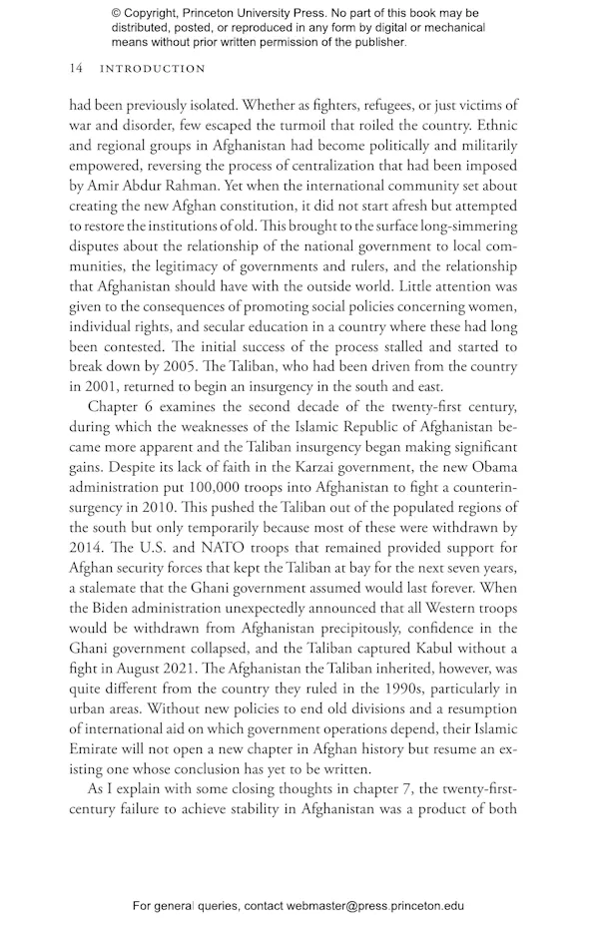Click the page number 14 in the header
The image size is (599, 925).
pyautogui.click(x=76, y=69)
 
